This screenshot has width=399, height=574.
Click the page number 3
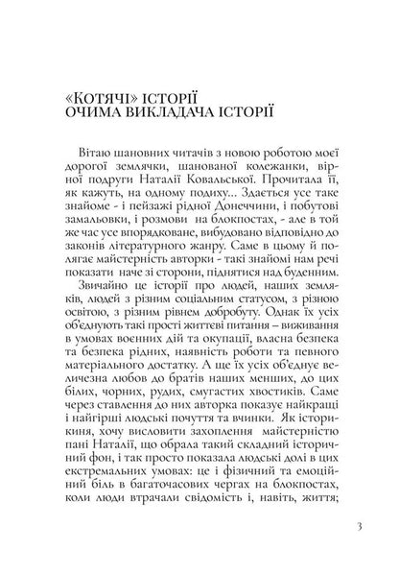pos(356,525)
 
